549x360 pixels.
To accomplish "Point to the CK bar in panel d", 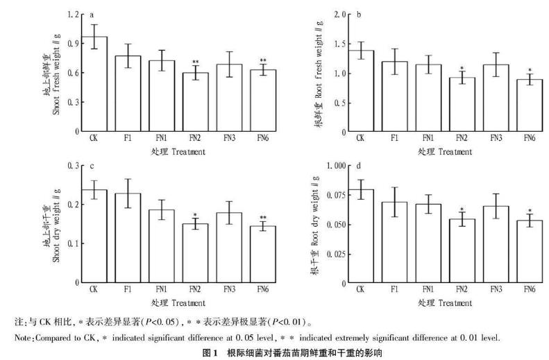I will point(360,236).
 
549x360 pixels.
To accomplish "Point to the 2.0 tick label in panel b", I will point(340,15).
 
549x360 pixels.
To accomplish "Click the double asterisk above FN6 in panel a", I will point(262,61).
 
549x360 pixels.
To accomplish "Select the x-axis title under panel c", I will point(180,302).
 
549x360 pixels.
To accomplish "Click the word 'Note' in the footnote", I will point(22,337).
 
